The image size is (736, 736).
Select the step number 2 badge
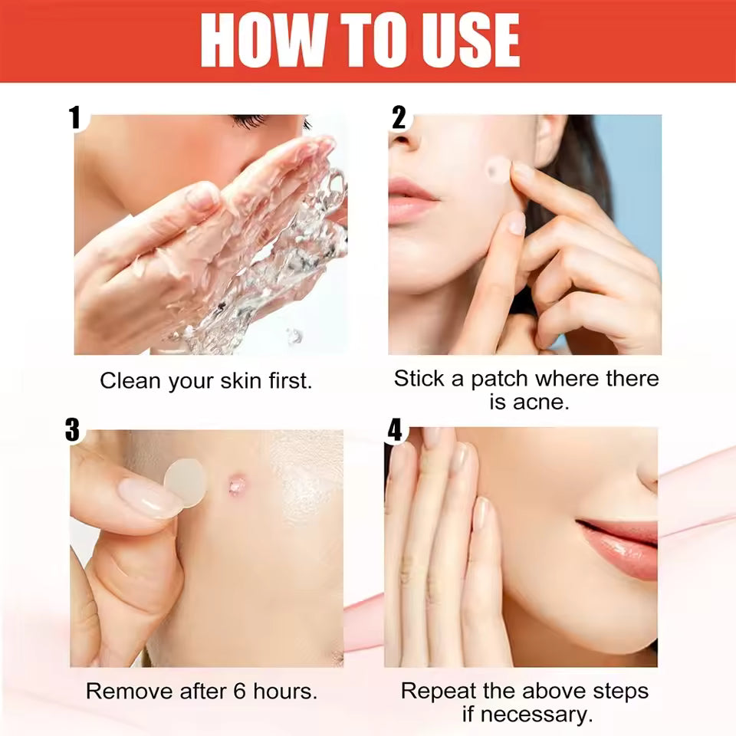[x=399, y=117]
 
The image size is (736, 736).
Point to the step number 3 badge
[x=72, y=430]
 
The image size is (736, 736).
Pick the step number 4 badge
[x=394, y=430]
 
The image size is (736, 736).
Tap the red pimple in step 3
[x=237, y=485]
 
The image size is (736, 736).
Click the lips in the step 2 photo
[x=412, y=200]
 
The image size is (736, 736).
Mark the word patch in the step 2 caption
[x=500, y=379]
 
